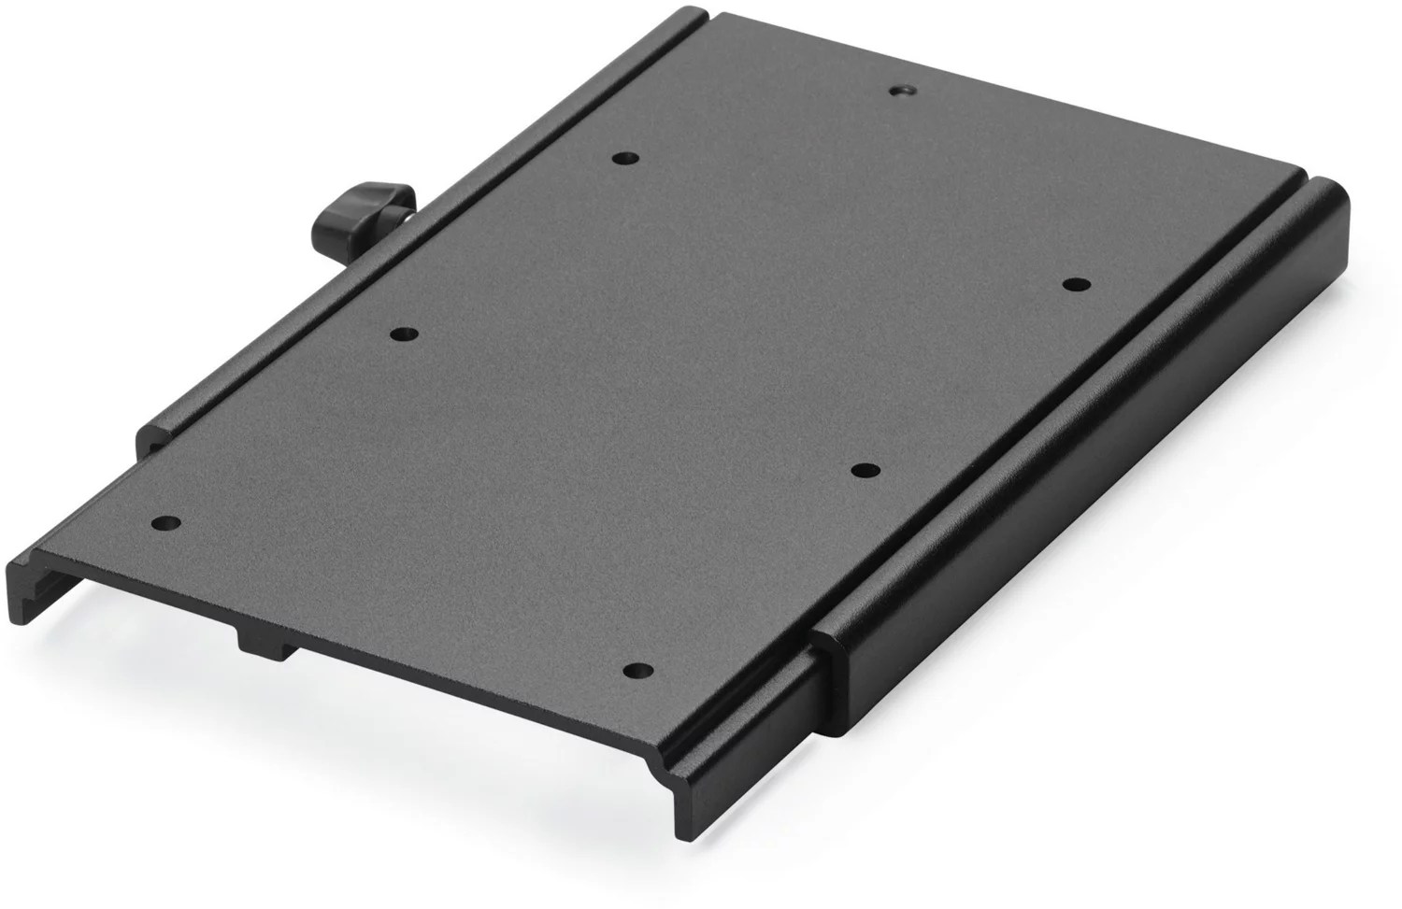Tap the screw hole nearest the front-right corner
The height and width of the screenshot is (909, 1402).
(637, 670)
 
